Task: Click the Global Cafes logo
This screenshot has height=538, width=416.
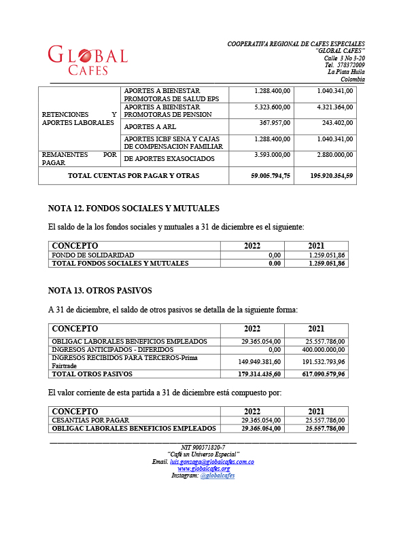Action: pos(87,60)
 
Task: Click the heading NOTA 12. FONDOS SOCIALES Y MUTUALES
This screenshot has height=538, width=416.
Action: pos(133,209)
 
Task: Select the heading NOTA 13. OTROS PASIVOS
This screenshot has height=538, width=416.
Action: pos(100,291)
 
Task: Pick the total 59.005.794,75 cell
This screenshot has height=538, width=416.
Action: pos(262,176)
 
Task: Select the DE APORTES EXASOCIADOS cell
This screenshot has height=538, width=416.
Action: pos(169,159)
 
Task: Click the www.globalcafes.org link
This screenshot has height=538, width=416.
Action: pos(203,469)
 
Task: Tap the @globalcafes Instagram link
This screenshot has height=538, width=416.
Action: pos(218,476)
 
